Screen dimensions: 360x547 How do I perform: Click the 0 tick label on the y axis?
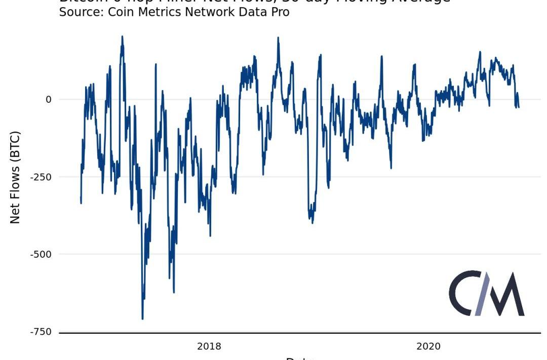[x=49, y=99]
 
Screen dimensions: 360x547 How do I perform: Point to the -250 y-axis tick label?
[x=42, y=177]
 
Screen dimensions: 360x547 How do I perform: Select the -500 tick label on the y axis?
[x=42, y=254]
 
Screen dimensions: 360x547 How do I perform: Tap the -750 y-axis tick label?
[x=42, y=332]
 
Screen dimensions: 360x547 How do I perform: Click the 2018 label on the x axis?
[x=209, y=346]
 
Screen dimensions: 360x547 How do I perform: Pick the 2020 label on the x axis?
[x=428, y=346]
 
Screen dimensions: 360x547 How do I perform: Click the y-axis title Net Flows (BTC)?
[x=15, y=177]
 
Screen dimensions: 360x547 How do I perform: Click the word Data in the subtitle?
[x=251, y=12]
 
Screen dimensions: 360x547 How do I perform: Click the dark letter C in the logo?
[x=463, y=293]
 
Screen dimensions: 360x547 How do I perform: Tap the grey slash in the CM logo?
[x=485, y=293]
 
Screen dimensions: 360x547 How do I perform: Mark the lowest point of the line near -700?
[x=142, y=318]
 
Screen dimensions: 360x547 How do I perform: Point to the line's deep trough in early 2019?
[x=312, y=222]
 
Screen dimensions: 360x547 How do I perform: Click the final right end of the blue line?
[x=519, y=107]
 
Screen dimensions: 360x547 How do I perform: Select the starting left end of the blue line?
[x=81, y=203]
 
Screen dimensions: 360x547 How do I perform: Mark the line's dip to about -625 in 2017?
[x=174, y=292]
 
